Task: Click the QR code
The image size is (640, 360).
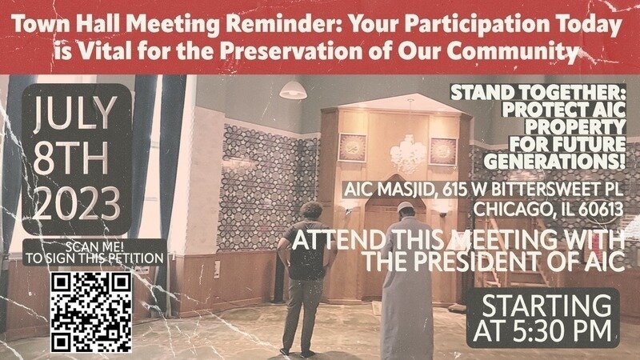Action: click(91, 312)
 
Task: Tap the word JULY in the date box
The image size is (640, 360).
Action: click(75, 114)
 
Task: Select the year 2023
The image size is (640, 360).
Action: click(77, 204)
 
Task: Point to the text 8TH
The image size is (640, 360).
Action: click(70, 159)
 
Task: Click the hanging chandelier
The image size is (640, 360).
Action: click(408, 152)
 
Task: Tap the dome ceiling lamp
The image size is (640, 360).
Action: click(293, 90)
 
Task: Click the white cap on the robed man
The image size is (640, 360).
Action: click(406, 207)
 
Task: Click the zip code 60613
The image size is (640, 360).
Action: click(602, 209)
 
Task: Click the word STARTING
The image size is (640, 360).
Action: click(546, 306)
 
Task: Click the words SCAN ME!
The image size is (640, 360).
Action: click(94, 246)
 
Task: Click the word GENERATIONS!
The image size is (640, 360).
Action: click(554, 162)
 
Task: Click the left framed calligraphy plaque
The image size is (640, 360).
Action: click(352, 147)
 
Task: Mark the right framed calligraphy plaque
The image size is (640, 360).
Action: click(443, 151)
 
